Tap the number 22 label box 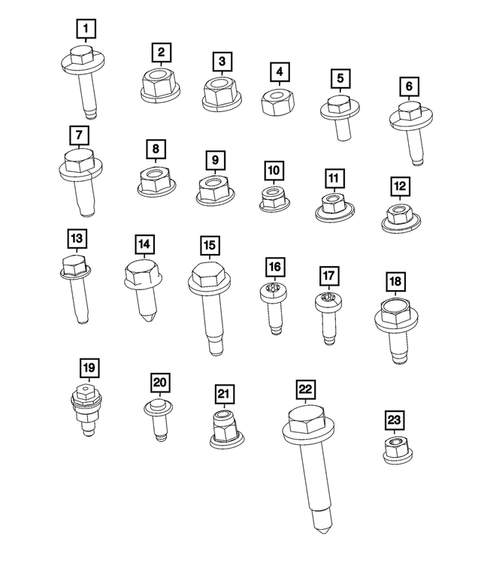(x=305, y=389)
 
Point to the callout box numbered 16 (x=275, y=267)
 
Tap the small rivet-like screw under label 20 (x=157, y=419)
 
